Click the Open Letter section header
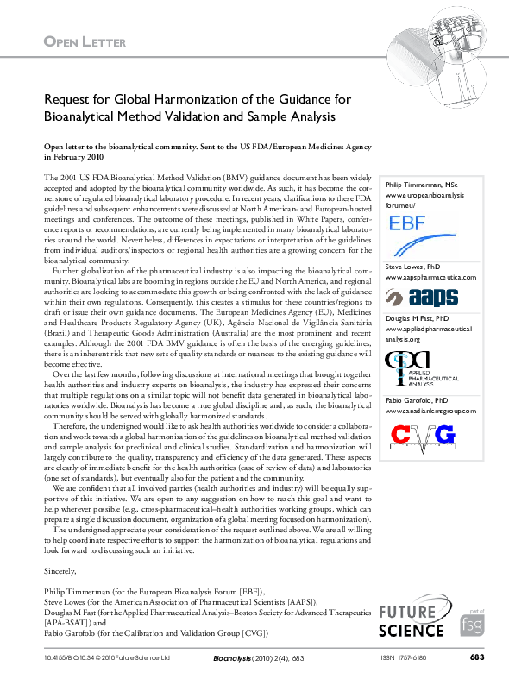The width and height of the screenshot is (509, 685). pos(85,41)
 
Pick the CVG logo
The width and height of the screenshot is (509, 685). pos(424,437)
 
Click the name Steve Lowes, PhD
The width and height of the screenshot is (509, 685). pos(413,267)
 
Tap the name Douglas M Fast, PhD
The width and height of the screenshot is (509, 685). pos(418,319)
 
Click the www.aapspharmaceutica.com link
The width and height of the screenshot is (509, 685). pos(430,279)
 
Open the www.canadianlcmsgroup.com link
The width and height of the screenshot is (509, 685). pos(430,412)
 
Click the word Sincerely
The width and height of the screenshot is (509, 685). pos(60,570)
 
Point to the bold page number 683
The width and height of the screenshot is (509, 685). pos(476,658)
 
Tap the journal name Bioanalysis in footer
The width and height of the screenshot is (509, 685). pos(230,658)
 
